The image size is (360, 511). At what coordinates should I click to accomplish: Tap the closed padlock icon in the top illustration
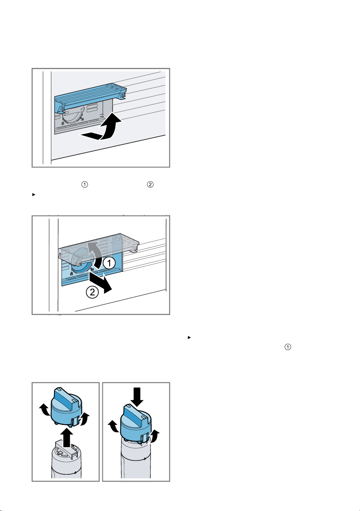click(x=63, y=123)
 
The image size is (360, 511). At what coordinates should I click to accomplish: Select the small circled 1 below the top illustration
click(x=85, y=184)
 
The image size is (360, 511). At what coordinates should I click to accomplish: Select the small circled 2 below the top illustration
click(x=150, y=184)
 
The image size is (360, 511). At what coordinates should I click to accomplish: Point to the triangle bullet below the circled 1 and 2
click(x=34, y=195)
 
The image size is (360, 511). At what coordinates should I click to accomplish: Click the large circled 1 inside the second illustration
click(x=109, y=263)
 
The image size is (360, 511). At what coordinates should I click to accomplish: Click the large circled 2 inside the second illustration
click(x=92, y=292)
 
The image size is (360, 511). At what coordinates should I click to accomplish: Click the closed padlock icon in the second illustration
click(x=72, y=274)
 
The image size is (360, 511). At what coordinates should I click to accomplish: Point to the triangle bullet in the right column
click(x=189, y=337)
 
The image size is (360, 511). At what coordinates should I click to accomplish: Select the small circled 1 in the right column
click(x=288, y=347)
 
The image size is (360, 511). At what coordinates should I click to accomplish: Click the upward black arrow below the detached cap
click(x=68, y=437)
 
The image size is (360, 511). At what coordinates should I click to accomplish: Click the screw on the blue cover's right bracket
click(x=123, y=95)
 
